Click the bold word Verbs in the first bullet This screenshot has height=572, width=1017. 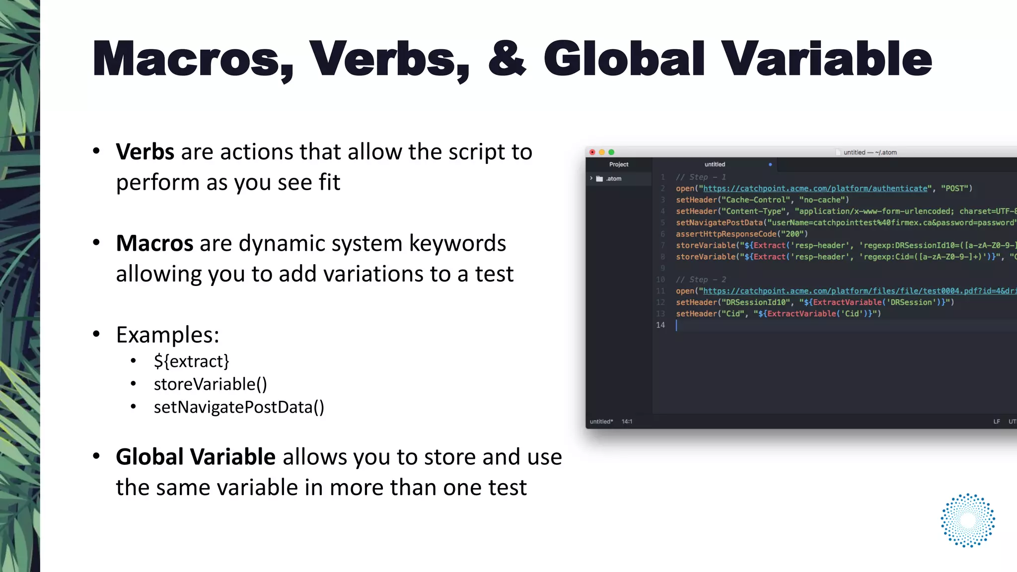145,152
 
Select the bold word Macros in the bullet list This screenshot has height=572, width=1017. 154,243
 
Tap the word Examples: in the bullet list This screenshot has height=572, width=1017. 167,335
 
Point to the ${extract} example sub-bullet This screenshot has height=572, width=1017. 192,361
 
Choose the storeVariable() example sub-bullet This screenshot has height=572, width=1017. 211,384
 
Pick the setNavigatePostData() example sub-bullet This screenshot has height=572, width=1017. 239,407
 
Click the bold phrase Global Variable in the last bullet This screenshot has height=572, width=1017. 196,457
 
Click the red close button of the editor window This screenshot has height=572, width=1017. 592,152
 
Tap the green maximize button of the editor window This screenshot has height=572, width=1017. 611,152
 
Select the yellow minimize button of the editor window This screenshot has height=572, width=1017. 602,152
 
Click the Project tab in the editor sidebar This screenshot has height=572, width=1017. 619,164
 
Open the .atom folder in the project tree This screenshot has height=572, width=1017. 613,179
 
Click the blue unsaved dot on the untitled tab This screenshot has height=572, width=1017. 770,164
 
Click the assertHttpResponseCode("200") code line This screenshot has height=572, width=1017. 741,234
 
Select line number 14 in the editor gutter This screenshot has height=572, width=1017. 660,325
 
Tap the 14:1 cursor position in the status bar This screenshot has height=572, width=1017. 627,422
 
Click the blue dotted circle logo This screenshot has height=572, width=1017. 968,520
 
